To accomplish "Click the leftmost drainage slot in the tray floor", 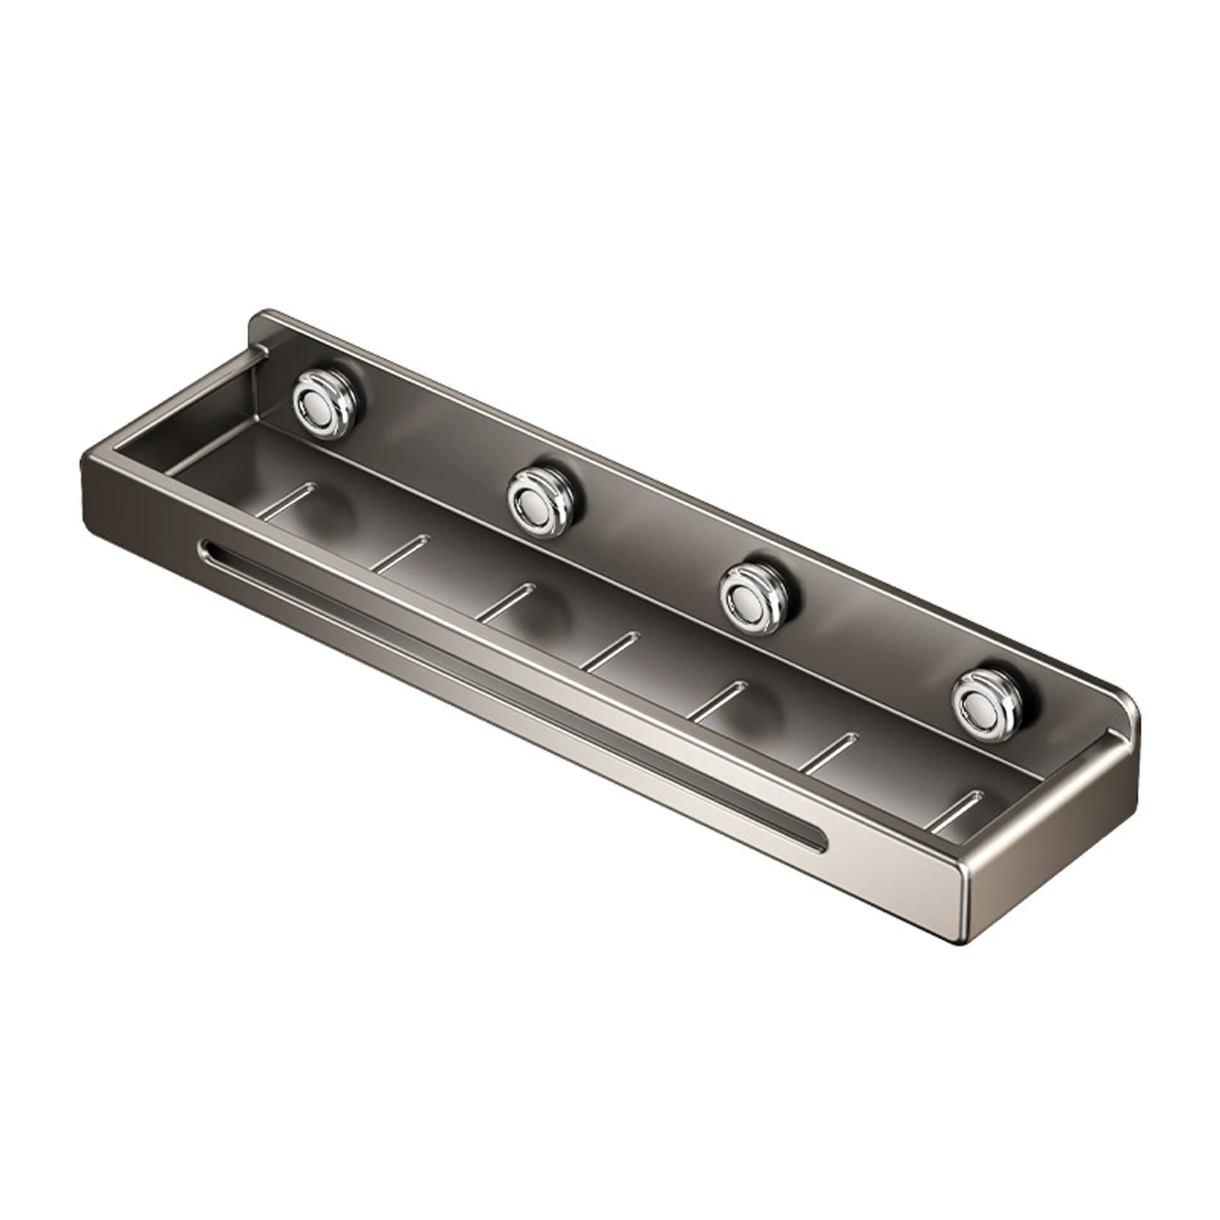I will pyautogui.click(x=288, y=499).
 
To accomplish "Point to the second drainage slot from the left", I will pyautogui.click(x=400, y=552).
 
